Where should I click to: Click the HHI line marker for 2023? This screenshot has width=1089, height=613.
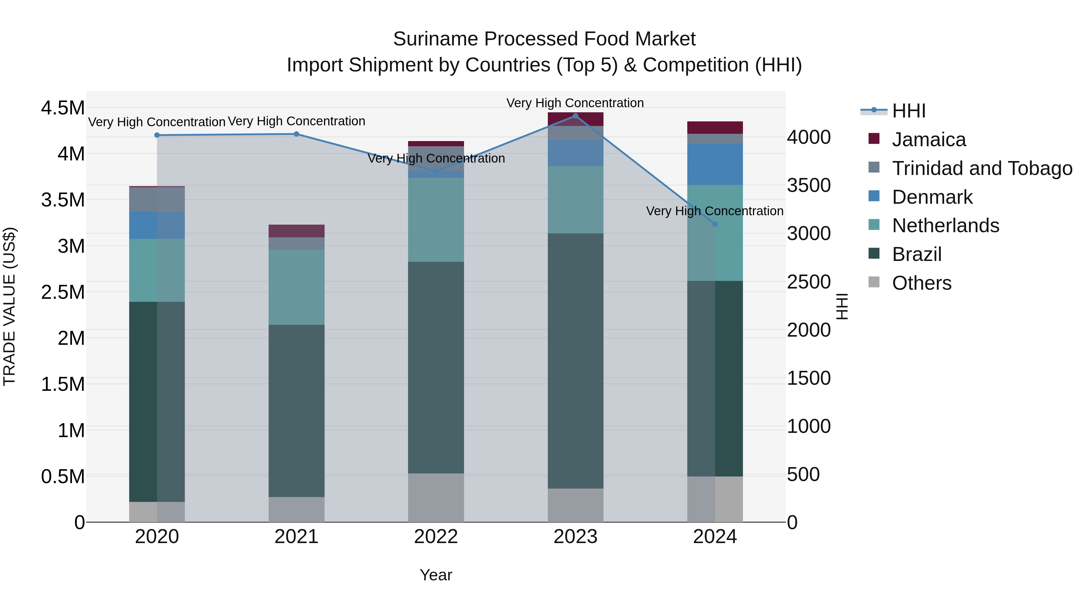click(x=575, y=116)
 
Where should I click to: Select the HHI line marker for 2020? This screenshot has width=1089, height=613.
click(x=157, y=135)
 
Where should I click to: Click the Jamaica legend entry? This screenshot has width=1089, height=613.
click(x=928, y=140)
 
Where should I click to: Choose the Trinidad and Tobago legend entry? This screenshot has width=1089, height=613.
click(x=982, y=168)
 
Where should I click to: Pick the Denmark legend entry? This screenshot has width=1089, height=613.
click(x=932, y=197)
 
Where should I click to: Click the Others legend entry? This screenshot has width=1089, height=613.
click(x=921, y=283)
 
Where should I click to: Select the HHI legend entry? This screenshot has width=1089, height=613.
click(x=908, y=111)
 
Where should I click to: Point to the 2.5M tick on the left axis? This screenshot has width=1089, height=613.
click(x=63, y=292)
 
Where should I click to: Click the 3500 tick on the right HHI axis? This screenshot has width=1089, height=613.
click(x=809, y=185)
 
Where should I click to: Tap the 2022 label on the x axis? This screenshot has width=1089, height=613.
click(x=436, y=537)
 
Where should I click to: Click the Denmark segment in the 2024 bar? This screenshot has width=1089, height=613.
click(x=715, y=164)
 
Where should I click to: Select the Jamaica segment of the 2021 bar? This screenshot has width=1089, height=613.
click(x=296, y=231)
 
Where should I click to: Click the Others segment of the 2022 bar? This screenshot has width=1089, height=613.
click(x=436, y=497)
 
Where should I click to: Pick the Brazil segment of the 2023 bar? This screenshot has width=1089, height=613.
click(x=575, y=361)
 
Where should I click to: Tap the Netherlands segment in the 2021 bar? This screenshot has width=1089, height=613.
click(x=296, y=287)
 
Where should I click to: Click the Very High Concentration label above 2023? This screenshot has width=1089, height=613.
click(x=575, y=103)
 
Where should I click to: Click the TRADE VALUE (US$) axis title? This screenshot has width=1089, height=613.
click(x=9, y=306)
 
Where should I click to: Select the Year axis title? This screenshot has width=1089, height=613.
click(x=436, y=575)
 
